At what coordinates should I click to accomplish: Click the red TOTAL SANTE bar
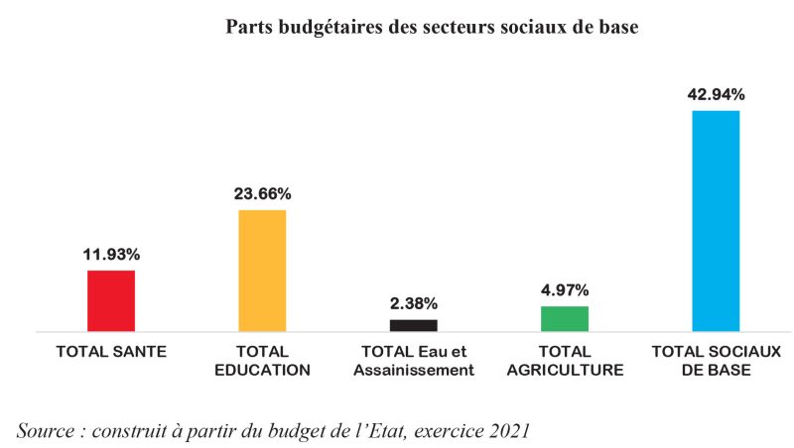pos(111,300)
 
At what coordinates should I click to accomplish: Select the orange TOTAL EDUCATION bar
pos(262,271)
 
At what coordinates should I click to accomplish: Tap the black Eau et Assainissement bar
pos(413,325)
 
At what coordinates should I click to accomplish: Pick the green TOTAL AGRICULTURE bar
pos(565,318)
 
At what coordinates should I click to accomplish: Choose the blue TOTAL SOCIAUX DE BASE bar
pos(716,220)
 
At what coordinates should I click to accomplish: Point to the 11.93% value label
pos(111,255)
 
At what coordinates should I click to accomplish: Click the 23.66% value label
pos(262,194)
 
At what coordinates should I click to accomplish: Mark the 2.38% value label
pos(413,303)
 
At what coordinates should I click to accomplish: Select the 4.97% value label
pos(565,290)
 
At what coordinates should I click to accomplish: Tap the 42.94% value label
pos(716,95)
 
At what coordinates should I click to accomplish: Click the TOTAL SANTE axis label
pos(111,352)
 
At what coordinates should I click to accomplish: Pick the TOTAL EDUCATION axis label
pos(263,361)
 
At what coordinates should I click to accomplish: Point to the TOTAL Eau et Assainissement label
pos(414,361)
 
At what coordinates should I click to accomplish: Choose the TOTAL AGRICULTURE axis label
pos(565,361)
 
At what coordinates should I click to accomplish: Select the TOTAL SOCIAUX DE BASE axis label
pos(716,361)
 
